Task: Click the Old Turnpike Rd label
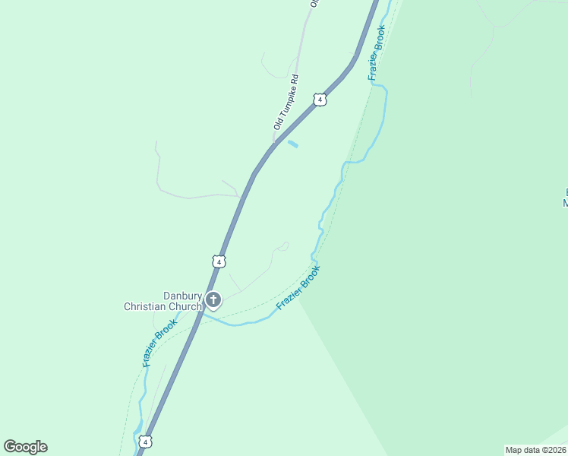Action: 286,101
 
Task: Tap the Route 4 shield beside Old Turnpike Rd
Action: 320,100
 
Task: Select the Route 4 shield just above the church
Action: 219,261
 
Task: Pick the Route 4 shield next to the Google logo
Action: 146,441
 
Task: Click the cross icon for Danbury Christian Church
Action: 213,299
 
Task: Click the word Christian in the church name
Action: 151,306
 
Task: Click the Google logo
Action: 25,447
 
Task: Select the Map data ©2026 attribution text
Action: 536,450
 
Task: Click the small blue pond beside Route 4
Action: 292,144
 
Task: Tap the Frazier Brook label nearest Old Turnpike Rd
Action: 377,52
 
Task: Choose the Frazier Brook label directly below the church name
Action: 159,343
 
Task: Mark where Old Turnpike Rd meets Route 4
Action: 273,141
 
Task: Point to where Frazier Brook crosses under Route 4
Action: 200,315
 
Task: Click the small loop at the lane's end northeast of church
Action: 283,245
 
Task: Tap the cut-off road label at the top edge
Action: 312,3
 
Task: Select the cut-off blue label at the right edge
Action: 564,197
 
